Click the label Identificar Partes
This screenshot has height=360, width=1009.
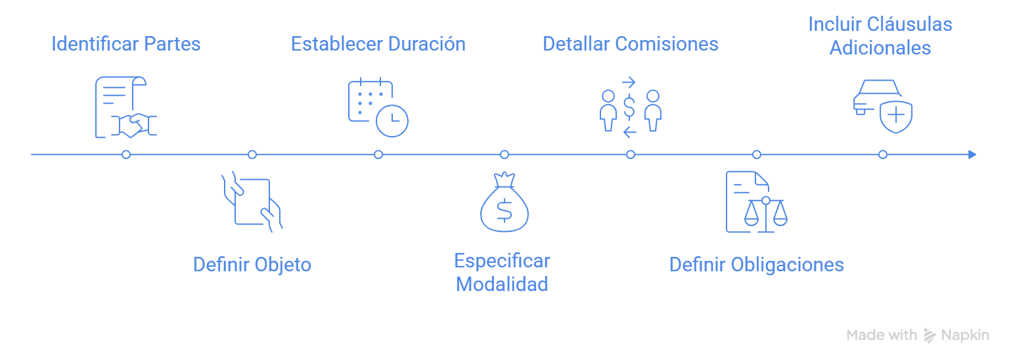coord(126,44)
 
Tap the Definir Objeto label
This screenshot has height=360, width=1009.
coord(252,265)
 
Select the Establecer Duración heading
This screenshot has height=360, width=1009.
coord(378,44)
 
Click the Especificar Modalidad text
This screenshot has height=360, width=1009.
coord(503,273)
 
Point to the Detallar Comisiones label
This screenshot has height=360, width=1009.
coord(631,44)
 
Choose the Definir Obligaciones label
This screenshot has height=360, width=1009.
coord(756,265)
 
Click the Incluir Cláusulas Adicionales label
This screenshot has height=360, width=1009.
coord(880,36)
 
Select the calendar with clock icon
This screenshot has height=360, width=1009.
coord(378,108)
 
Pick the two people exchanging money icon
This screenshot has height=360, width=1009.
coord(630,108)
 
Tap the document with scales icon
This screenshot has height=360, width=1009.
coord(756,202)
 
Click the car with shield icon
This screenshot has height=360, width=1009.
coord(882,106)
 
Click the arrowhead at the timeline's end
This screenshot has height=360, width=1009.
coord(973,154)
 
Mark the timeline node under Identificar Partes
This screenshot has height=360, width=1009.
coord(126,154)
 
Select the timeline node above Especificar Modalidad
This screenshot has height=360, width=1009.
coord(504,154)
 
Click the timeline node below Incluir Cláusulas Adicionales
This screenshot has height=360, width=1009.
coord(883,154)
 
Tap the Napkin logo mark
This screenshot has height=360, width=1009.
coord(930,335)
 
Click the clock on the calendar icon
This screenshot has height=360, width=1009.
coord(393,121)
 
